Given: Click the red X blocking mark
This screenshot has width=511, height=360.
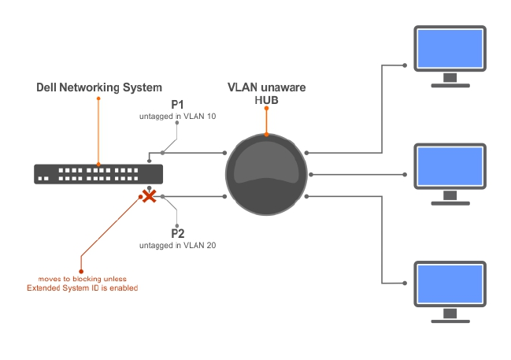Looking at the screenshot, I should (x=147, y=195).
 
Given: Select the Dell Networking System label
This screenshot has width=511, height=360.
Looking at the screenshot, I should (x=99, y=87).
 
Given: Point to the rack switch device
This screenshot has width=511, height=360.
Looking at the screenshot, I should (x=98, y=173).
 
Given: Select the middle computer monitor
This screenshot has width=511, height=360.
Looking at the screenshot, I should (x=450, y=167).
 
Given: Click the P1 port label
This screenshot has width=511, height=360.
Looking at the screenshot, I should (x=177, y=105).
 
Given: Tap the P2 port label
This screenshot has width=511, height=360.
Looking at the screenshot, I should (x=177, y=233).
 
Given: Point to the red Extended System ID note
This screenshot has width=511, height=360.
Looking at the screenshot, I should (x=82, y=284).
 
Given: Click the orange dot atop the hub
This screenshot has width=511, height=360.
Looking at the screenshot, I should (x=266, y=134).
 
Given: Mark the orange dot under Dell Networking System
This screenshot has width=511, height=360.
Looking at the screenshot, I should (x=98, y=98).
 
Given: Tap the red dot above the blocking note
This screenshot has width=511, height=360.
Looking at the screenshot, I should (x=81, y=256).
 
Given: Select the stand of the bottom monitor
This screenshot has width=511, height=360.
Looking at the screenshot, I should (x=450, y=316).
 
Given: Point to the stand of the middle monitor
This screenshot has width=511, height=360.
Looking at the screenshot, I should (x=450, y=197).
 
